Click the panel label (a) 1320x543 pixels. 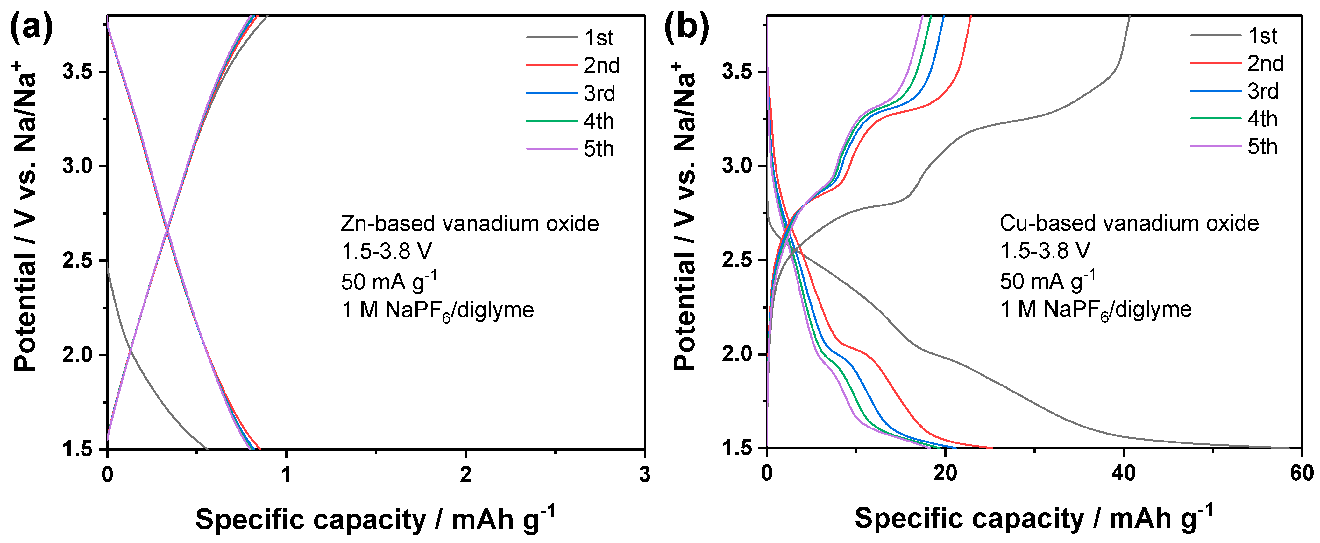click(31, 27)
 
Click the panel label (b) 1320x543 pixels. click(687, 27)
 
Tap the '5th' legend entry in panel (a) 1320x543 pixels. click(599, 149)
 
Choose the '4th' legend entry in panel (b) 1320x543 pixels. click(1262, 119)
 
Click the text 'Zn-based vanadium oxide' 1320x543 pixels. click(469, 224)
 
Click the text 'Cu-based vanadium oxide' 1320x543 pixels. click(1129, 223)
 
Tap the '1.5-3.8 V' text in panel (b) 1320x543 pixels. click(1045, 251)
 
